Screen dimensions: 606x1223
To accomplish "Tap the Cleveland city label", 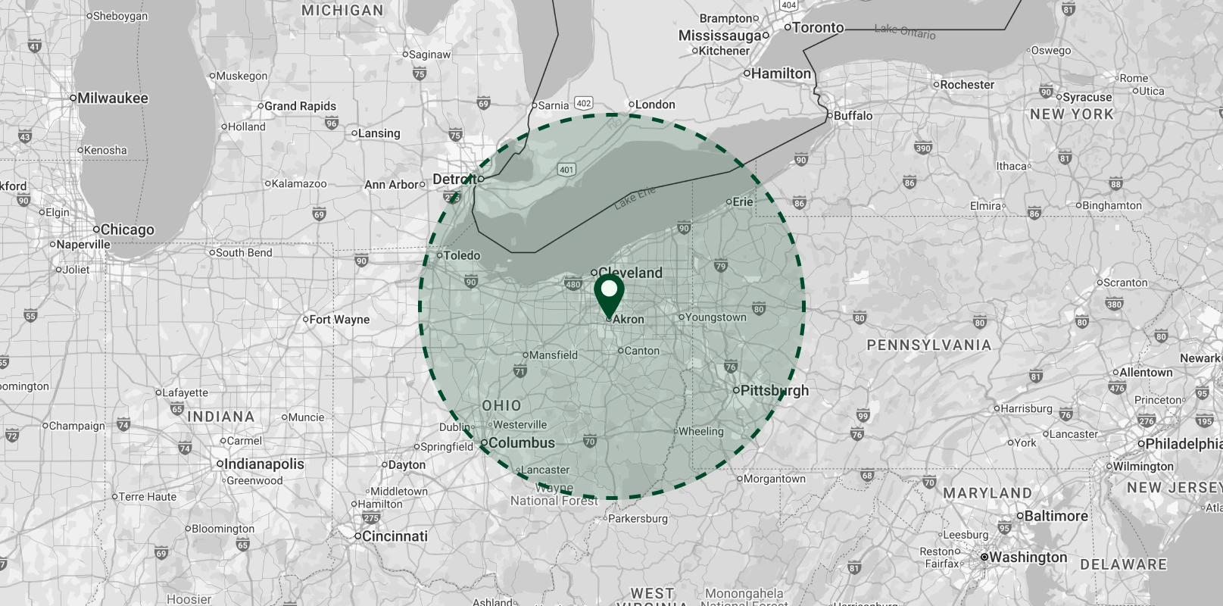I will [630, 273].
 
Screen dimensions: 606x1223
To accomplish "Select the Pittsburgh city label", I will [774, 391].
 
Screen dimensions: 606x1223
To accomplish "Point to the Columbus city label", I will [522, 443].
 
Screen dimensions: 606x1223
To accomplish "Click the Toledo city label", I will [461, 255].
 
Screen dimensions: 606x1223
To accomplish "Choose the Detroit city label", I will [455, 180].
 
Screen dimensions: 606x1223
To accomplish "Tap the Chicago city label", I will [126, 230].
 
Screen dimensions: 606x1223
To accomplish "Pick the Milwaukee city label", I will [113, 98].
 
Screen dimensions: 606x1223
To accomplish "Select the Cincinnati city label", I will [395, 536].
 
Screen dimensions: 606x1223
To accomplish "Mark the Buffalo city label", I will [853, 116].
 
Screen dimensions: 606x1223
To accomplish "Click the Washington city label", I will [1028, 558].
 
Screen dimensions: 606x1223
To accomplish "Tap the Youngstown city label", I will [716, 317].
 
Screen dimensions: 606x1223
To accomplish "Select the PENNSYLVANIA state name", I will [928, 345].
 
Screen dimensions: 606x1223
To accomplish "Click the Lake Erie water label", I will [635, 198].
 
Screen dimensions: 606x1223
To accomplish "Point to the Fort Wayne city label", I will [339, 320].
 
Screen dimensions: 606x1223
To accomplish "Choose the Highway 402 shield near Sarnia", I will [583, 103].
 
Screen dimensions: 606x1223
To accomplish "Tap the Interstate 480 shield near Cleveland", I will [573, 285].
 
